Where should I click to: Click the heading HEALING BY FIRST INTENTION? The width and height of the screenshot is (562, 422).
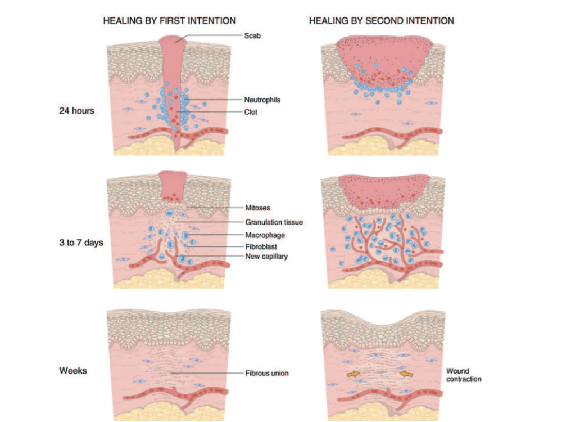169,21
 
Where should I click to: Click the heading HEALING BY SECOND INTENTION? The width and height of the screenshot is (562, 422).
381,21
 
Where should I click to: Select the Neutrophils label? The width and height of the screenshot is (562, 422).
262,100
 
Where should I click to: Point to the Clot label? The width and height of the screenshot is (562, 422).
251,112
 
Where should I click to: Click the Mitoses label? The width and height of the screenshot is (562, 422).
257,208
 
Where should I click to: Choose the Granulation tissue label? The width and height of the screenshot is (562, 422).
274,222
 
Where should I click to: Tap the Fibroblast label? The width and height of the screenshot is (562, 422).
261,246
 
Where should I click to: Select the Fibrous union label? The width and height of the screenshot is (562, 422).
266,373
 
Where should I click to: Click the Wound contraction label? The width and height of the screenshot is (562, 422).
463,375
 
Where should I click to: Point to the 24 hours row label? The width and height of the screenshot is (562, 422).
76,111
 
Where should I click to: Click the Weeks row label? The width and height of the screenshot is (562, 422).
73,371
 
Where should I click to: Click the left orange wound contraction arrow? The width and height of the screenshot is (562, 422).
352,373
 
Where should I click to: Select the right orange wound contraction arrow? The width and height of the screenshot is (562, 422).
405,373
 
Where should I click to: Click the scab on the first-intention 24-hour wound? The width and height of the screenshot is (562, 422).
173,41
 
